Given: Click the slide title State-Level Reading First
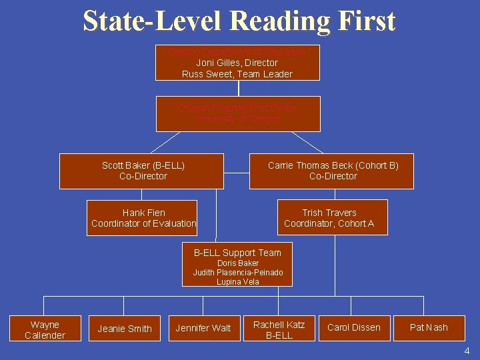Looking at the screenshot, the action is [x=239, y=21].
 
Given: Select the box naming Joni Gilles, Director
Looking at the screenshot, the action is [x=237, y=63].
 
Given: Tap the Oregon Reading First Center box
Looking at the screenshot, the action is [x=238, y=113].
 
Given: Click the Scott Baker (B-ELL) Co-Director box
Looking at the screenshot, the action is [x=142, y=171].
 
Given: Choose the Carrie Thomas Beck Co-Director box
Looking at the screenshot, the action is [x=332, y=171].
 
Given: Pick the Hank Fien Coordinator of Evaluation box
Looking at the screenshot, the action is [x=143, y=218].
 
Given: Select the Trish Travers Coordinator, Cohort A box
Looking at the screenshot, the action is [x=329, y=218].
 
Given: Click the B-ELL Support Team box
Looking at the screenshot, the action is [x=238, y=264].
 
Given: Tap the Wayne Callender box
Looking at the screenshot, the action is [x=45, y=330].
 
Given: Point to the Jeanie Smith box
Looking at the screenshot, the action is [x=125, y=329].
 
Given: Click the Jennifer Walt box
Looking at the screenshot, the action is [x=203, y=328].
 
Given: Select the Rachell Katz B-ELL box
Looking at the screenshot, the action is [x=279, y=330].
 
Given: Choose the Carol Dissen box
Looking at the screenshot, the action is [x=354, y=327].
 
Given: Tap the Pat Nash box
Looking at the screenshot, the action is [x=429, y=327].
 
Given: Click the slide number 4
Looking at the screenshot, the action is [x=467, y=351].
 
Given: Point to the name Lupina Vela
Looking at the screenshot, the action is [x=238, y=282].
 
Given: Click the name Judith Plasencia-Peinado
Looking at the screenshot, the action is [x=238, y=273].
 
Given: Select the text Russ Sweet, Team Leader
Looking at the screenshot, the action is [x=237, y=74].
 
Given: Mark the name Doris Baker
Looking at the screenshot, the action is [x=238, y=263].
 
